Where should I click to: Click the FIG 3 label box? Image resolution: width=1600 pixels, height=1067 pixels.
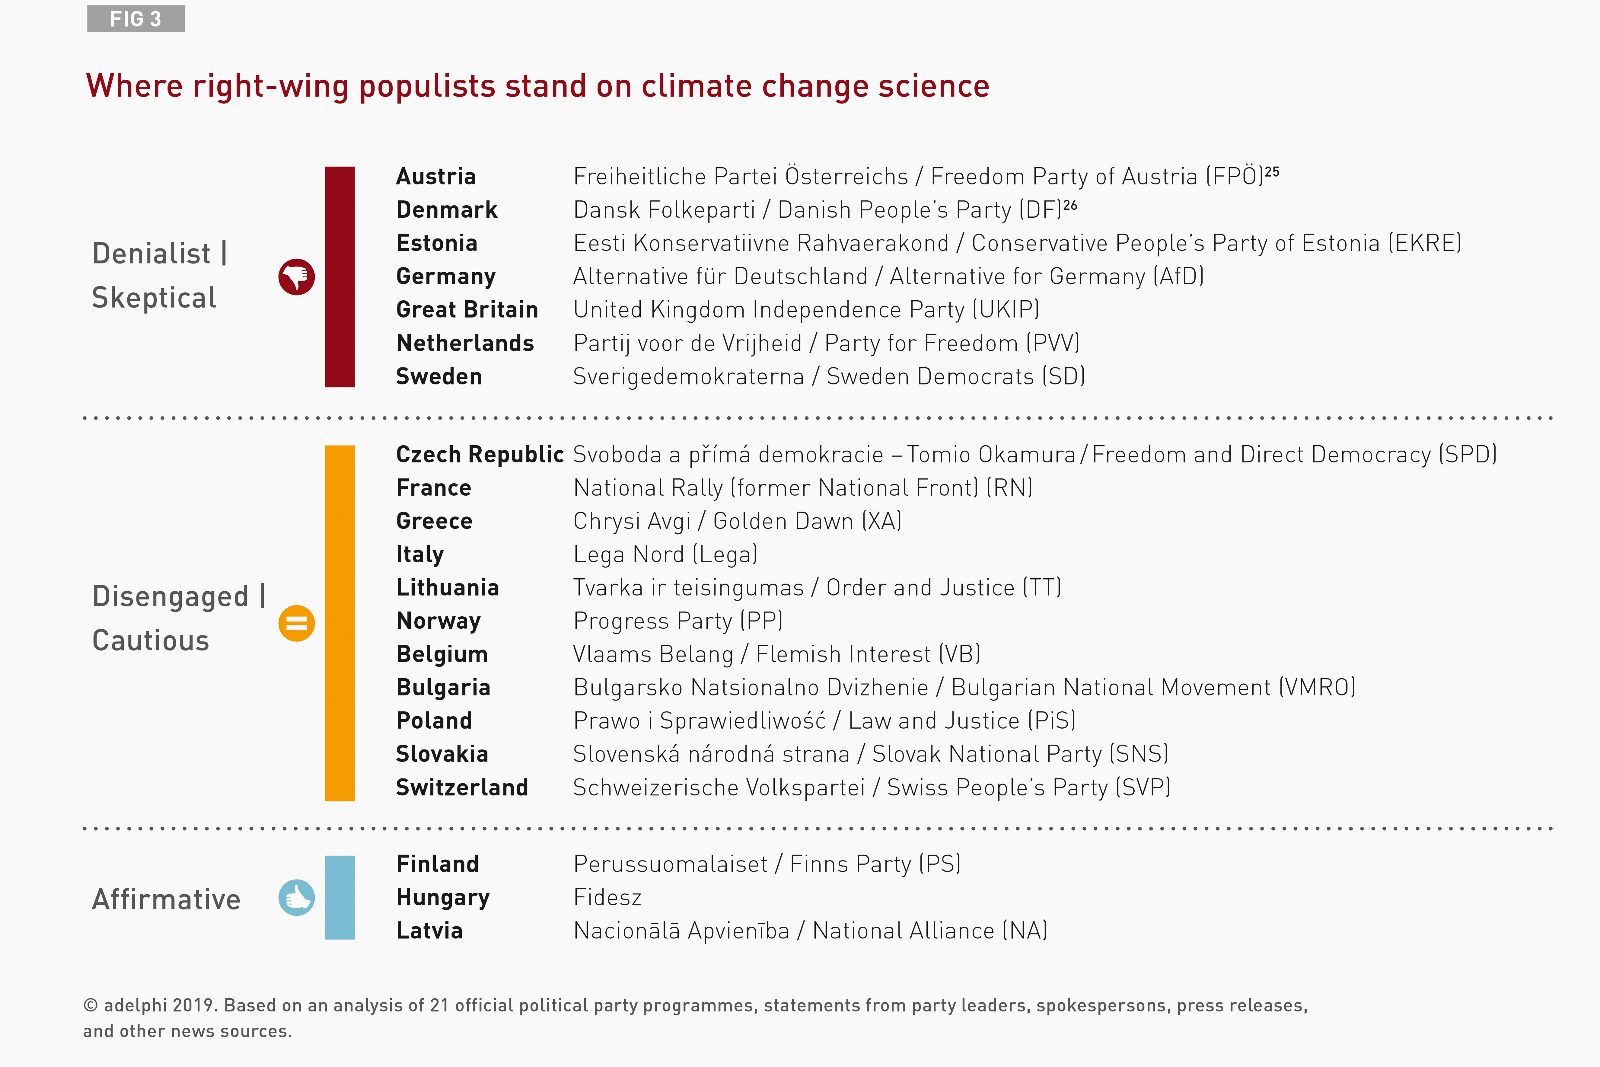coord(136,19)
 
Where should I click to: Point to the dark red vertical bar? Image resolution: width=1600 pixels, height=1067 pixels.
coord(339,277)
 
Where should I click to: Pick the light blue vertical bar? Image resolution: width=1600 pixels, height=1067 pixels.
coord(339,898)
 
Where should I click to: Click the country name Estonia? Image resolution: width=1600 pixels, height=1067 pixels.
coord(437,243)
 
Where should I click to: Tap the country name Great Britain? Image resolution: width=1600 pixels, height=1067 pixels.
coord(467,310)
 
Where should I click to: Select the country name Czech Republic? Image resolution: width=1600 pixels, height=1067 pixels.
coord(480,455)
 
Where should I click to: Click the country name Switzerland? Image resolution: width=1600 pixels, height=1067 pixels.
coord(462,787)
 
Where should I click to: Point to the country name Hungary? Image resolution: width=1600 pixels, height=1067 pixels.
coord(443,898)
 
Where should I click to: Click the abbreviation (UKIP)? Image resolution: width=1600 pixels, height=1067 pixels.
coord(1006,310)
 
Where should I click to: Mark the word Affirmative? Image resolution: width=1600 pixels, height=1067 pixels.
coord(166,899)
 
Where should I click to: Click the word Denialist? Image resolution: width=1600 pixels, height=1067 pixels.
coord(151,254)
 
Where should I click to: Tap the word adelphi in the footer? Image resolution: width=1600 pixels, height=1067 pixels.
coord(135,1006)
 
